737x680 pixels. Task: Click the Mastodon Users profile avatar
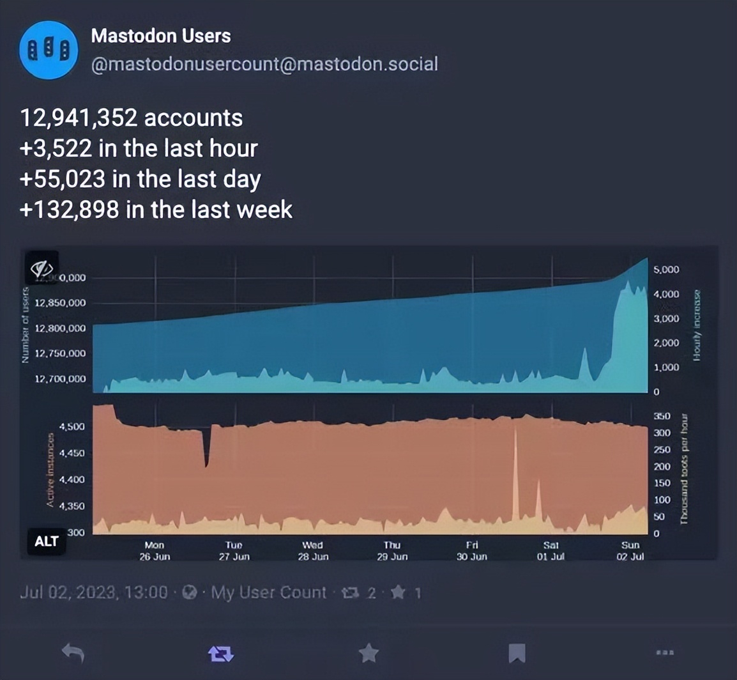[49, 50]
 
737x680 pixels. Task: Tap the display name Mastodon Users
[161, 36]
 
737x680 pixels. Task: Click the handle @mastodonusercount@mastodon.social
[264, 64]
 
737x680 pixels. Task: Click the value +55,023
[62, 179]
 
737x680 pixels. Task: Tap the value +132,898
[69, 209]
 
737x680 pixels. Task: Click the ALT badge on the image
[46, 541]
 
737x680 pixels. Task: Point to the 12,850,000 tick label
[60, 303]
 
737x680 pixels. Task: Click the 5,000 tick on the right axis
[667, 270]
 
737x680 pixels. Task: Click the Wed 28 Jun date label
[312, 551]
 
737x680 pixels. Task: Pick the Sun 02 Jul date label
[630, 551]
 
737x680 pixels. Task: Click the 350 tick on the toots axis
[662, 416]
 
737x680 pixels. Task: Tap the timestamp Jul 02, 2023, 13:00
[94, 593]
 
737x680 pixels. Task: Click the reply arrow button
[73, 653]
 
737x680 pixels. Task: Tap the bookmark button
[517, 653]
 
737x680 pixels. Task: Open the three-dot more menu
[665, 653]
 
